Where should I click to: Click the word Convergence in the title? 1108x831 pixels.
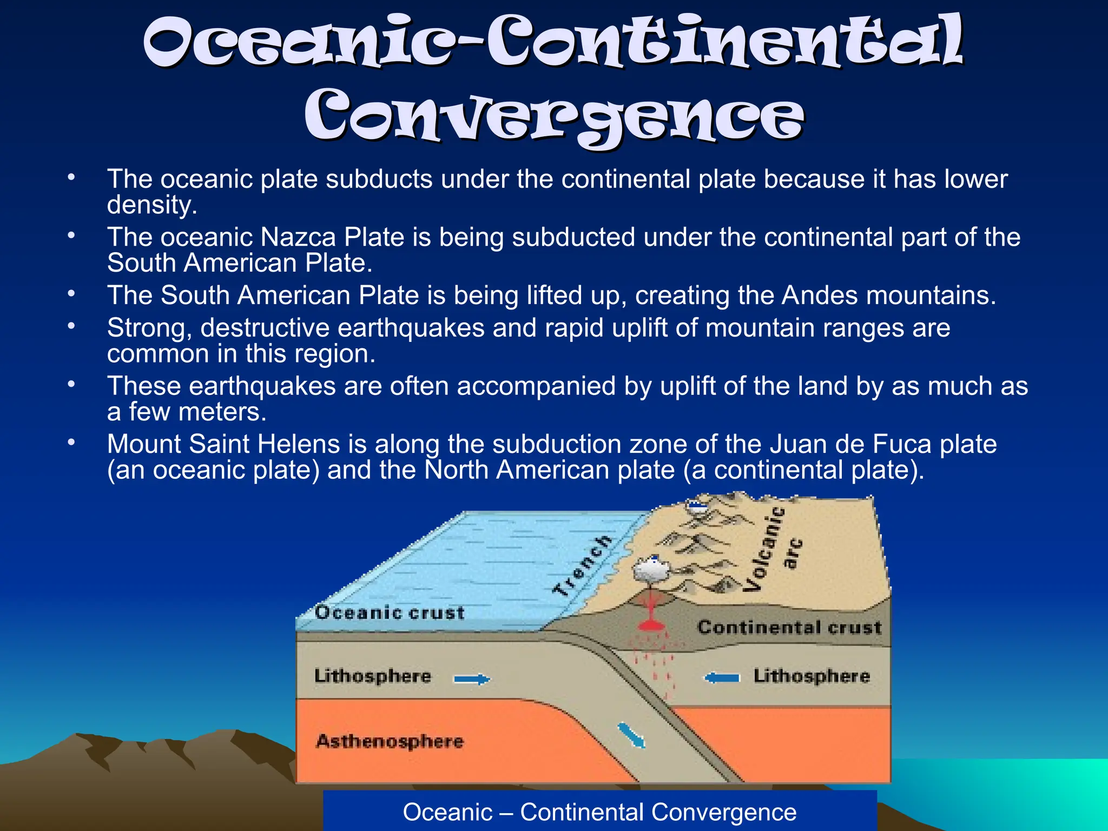coord(554,116)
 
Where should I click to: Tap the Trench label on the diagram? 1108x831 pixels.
coord(582,566)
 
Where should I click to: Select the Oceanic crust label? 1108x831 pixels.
coord(390,612)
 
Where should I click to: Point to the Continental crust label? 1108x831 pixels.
coord(789,627)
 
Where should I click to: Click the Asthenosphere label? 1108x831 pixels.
coord(390,741)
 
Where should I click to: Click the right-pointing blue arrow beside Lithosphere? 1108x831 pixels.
coord(472,679)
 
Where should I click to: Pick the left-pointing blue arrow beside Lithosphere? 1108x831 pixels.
coord(722,677)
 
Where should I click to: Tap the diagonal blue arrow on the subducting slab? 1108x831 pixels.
coord(631,736)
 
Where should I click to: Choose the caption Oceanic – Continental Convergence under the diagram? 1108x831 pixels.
coord(599,812)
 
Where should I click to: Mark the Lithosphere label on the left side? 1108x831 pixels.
coord(372,676)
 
